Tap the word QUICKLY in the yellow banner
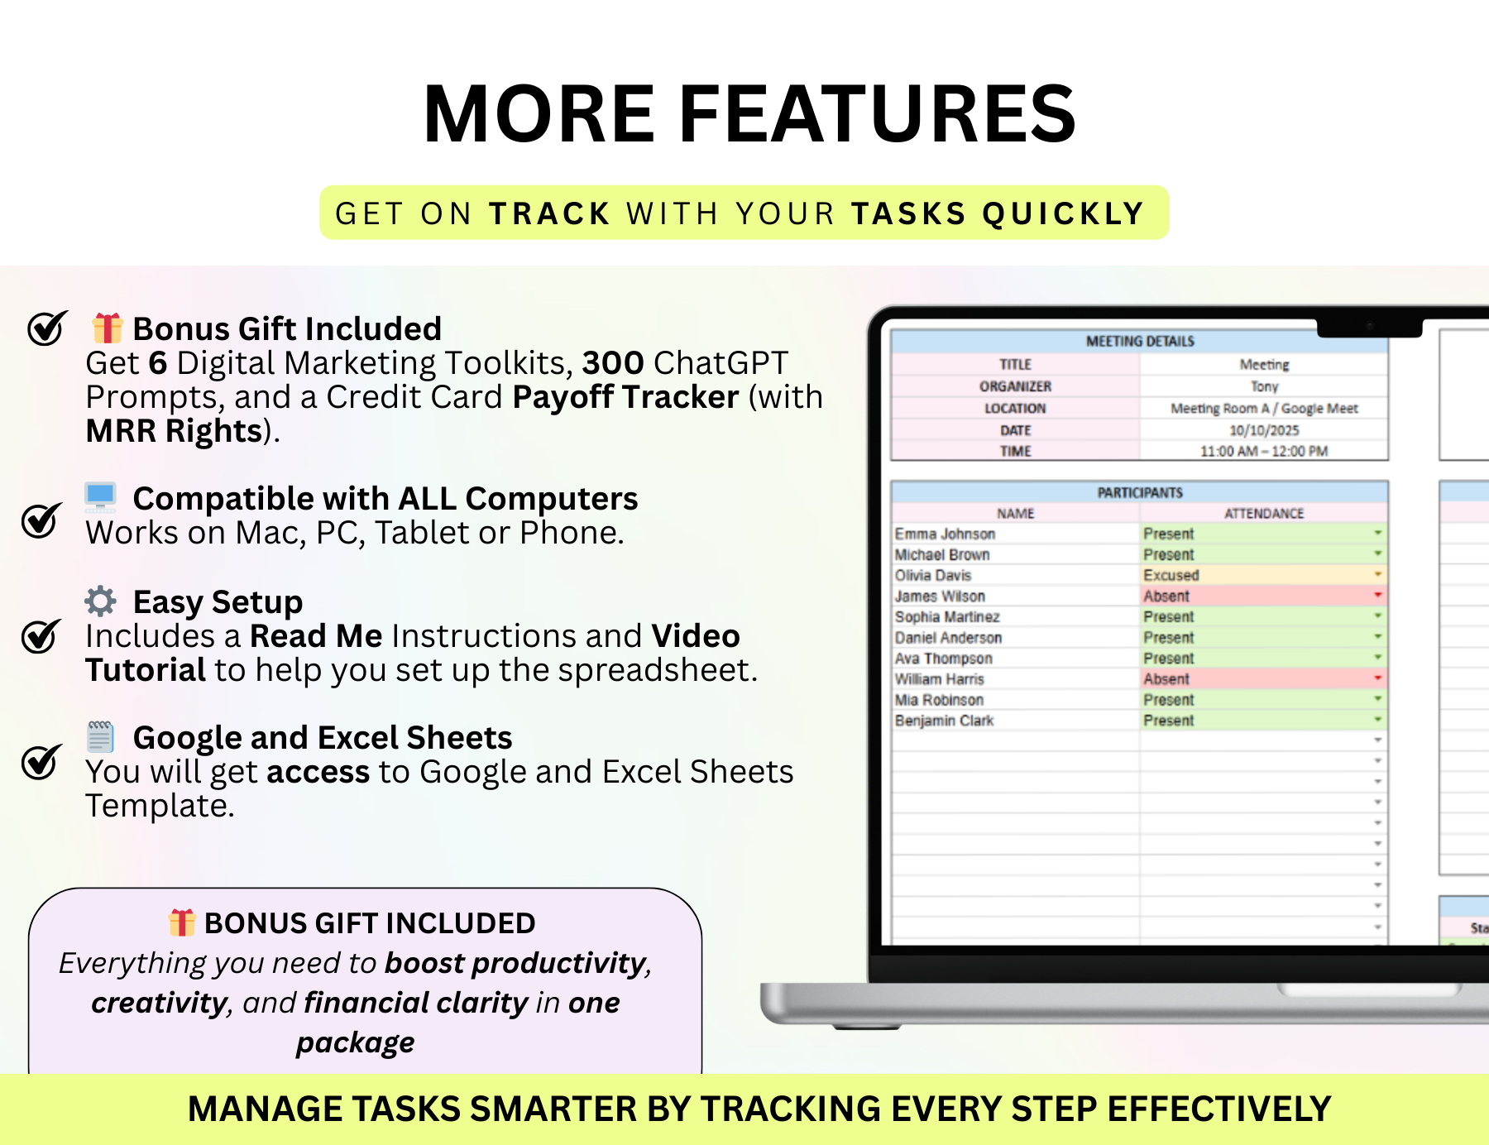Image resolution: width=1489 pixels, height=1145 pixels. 1063,214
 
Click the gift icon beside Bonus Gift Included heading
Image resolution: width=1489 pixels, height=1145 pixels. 107,328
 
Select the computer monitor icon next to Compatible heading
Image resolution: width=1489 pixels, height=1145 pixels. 101,497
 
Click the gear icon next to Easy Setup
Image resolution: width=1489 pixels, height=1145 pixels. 101,601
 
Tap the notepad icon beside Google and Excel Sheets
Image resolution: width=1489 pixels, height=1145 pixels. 101,736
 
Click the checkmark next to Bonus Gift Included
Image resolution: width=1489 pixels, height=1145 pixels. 46,328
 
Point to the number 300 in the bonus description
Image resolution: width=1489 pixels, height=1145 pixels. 612,363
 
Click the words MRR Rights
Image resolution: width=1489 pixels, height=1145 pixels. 174,431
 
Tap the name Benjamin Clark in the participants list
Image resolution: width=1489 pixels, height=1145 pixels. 944,721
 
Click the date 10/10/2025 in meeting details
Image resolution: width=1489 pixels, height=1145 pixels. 1263,430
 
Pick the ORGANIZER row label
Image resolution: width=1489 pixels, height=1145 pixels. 1015,386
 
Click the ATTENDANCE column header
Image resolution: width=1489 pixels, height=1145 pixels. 1263,514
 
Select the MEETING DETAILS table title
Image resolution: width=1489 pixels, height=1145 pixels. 1139,342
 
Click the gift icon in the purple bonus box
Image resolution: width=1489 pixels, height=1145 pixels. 181,922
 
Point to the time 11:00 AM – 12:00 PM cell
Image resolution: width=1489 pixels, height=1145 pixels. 1263,452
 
